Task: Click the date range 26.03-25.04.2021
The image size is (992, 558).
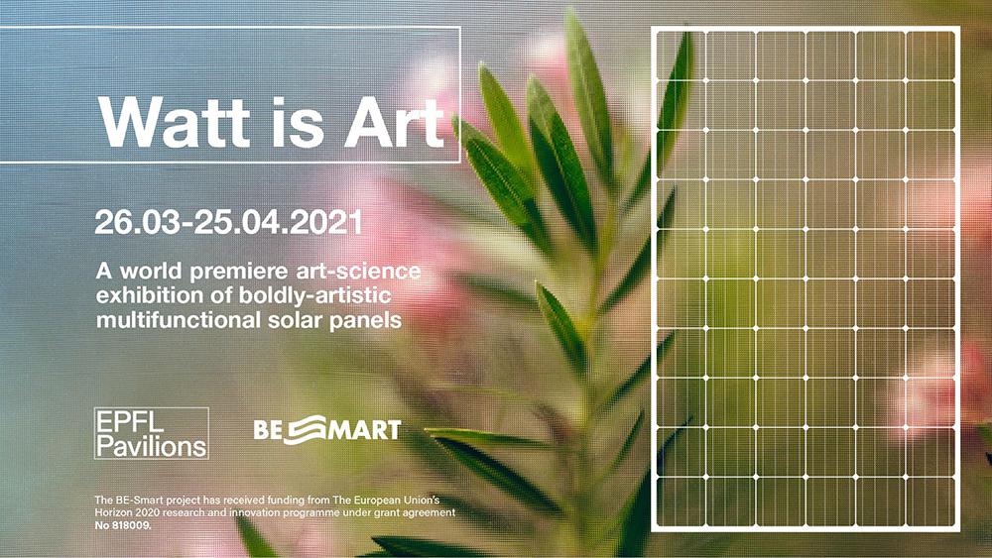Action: pos(228,221)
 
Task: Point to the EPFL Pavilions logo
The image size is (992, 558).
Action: pos(151,432)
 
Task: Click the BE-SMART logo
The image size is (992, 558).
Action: pos(327,429)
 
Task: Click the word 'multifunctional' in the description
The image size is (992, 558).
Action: pos(175,319)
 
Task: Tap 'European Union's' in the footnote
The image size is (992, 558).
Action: pos(396,498)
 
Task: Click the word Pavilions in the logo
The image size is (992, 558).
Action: pos(151,445)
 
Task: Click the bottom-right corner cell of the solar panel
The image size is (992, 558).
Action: pos(932,502)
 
